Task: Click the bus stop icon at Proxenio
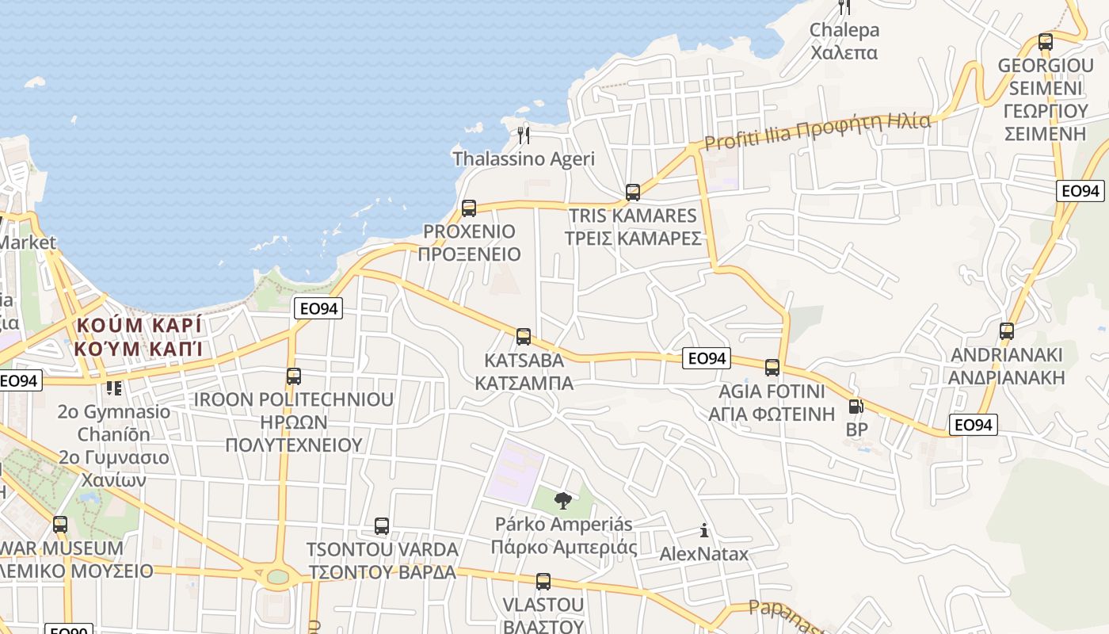pos(469,208)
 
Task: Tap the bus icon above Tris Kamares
pos(632,192)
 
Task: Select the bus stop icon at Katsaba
pos(524,337)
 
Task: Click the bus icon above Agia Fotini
pos(772,368)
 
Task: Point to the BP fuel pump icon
pos(856,407)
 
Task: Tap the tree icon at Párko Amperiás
pos(563,501)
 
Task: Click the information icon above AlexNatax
pos(703,530)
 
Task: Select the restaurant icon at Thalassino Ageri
pos(523,135)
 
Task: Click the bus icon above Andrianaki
pos(1007,331)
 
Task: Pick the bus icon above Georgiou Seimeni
pos(1046,42)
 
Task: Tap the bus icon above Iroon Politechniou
pos(294,376)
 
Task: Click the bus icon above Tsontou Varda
pos(382,526)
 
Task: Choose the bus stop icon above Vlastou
pos(543,582)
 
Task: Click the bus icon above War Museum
pos(60,525)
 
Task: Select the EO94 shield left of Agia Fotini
pos(707,358)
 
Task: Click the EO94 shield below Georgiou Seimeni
pos(1080,190)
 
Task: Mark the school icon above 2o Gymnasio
pos(114,388)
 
